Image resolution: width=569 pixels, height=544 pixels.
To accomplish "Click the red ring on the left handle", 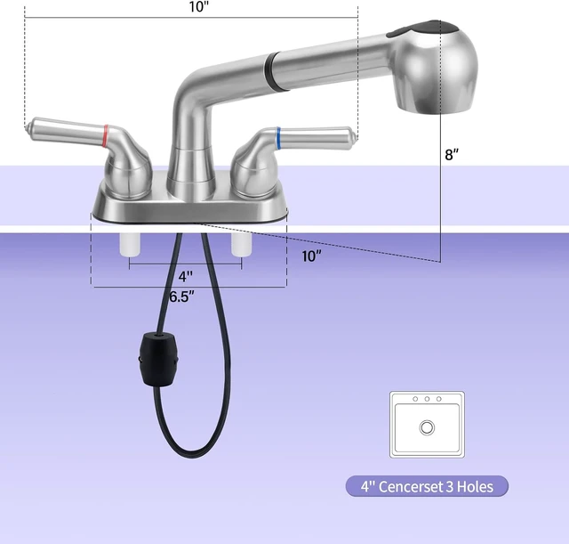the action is point(106,136).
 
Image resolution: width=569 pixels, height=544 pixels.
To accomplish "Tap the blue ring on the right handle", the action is point(278,139).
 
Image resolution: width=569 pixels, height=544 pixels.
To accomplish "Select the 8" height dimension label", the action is point(452,154).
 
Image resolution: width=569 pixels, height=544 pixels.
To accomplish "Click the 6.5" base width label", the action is point(181,296).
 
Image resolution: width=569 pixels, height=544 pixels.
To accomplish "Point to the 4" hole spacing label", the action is point(186,277).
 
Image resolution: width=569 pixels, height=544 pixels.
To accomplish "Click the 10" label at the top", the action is point(199,6).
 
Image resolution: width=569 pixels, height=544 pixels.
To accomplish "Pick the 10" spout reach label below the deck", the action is point(312,256).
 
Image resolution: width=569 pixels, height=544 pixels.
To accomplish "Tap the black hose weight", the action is point(158,359).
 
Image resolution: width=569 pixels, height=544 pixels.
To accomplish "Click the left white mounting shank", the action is point(130,245).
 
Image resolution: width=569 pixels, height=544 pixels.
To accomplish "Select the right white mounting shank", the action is point(242,244).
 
